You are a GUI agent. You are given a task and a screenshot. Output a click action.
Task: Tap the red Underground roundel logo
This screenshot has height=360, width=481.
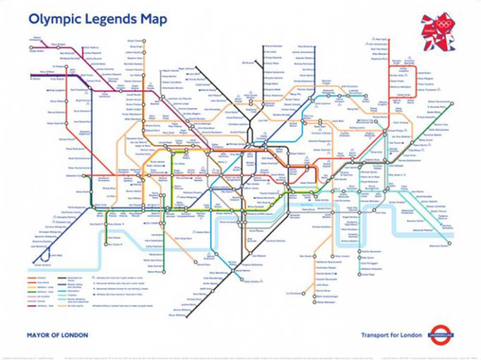click(440, 334)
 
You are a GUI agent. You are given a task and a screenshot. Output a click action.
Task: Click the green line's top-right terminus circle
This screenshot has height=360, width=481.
click(451, 103)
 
